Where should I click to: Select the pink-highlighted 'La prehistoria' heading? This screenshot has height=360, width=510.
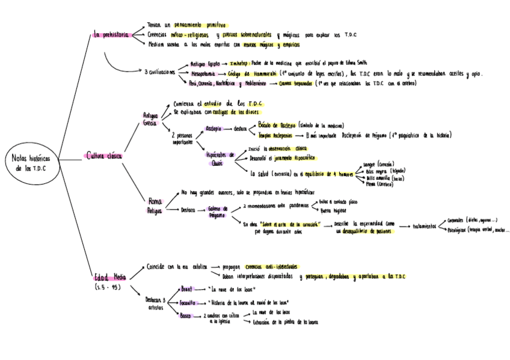(x=111, y=35)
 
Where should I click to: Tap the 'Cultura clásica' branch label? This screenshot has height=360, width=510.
(x=104, y=156)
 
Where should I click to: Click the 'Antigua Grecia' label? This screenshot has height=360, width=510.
(x=150, y=119)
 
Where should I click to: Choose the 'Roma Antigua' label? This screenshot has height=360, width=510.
(x=155, y=206)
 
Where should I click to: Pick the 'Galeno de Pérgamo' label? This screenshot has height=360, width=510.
(x=217, y=212)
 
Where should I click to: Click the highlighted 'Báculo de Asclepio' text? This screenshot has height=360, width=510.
(x=283, y=126)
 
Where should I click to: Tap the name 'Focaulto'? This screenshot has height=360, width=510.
(x=189, y=302)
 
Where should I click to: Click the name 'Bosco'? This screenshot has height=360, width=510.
(x=186, y=315)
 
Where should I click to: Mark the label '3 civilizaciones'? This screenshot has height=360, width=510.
(x=159, y=72)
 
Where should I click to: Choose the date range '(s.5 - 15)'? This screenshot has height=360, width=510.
(x=108, y=288)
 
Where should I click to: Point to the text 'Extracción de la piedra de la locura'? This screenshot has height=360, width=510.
(x=285, y=322)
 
